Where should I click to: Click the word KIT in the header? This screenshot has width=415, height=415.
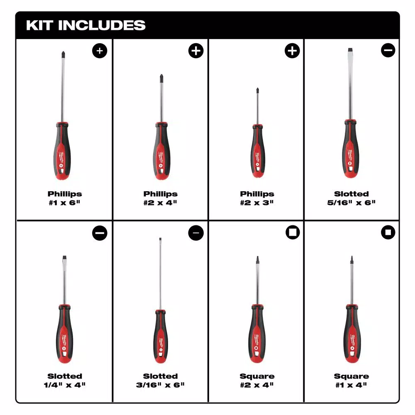(x=40, y=25)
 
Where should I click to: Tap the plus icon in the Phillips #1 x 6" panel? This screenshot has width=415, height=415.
(x=100, y=51)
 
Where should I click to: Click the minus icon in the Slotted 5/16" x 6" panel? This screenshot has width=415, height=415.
(x=388, y=51)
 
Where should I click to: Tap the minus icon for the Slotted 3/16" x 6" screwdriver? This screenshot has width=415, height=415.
(x=196, y=233)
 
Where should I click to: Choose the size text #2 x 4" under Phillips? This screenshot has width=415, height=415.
(x=161, y=203)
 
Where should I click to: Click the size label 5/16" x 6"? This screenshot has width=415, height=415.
(x=352, y=203)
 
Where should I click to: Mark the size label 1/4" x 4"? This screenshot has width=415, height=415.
(x=64, y=385)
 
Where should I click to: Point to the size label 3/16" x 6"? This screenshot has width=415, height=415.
(x=161, y=385)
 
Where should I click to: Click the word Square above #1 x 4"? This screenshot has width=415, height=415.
(x=352, y=376)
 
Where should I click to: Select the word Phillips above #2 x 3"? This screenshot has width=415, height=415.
(x=257, y=194)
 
